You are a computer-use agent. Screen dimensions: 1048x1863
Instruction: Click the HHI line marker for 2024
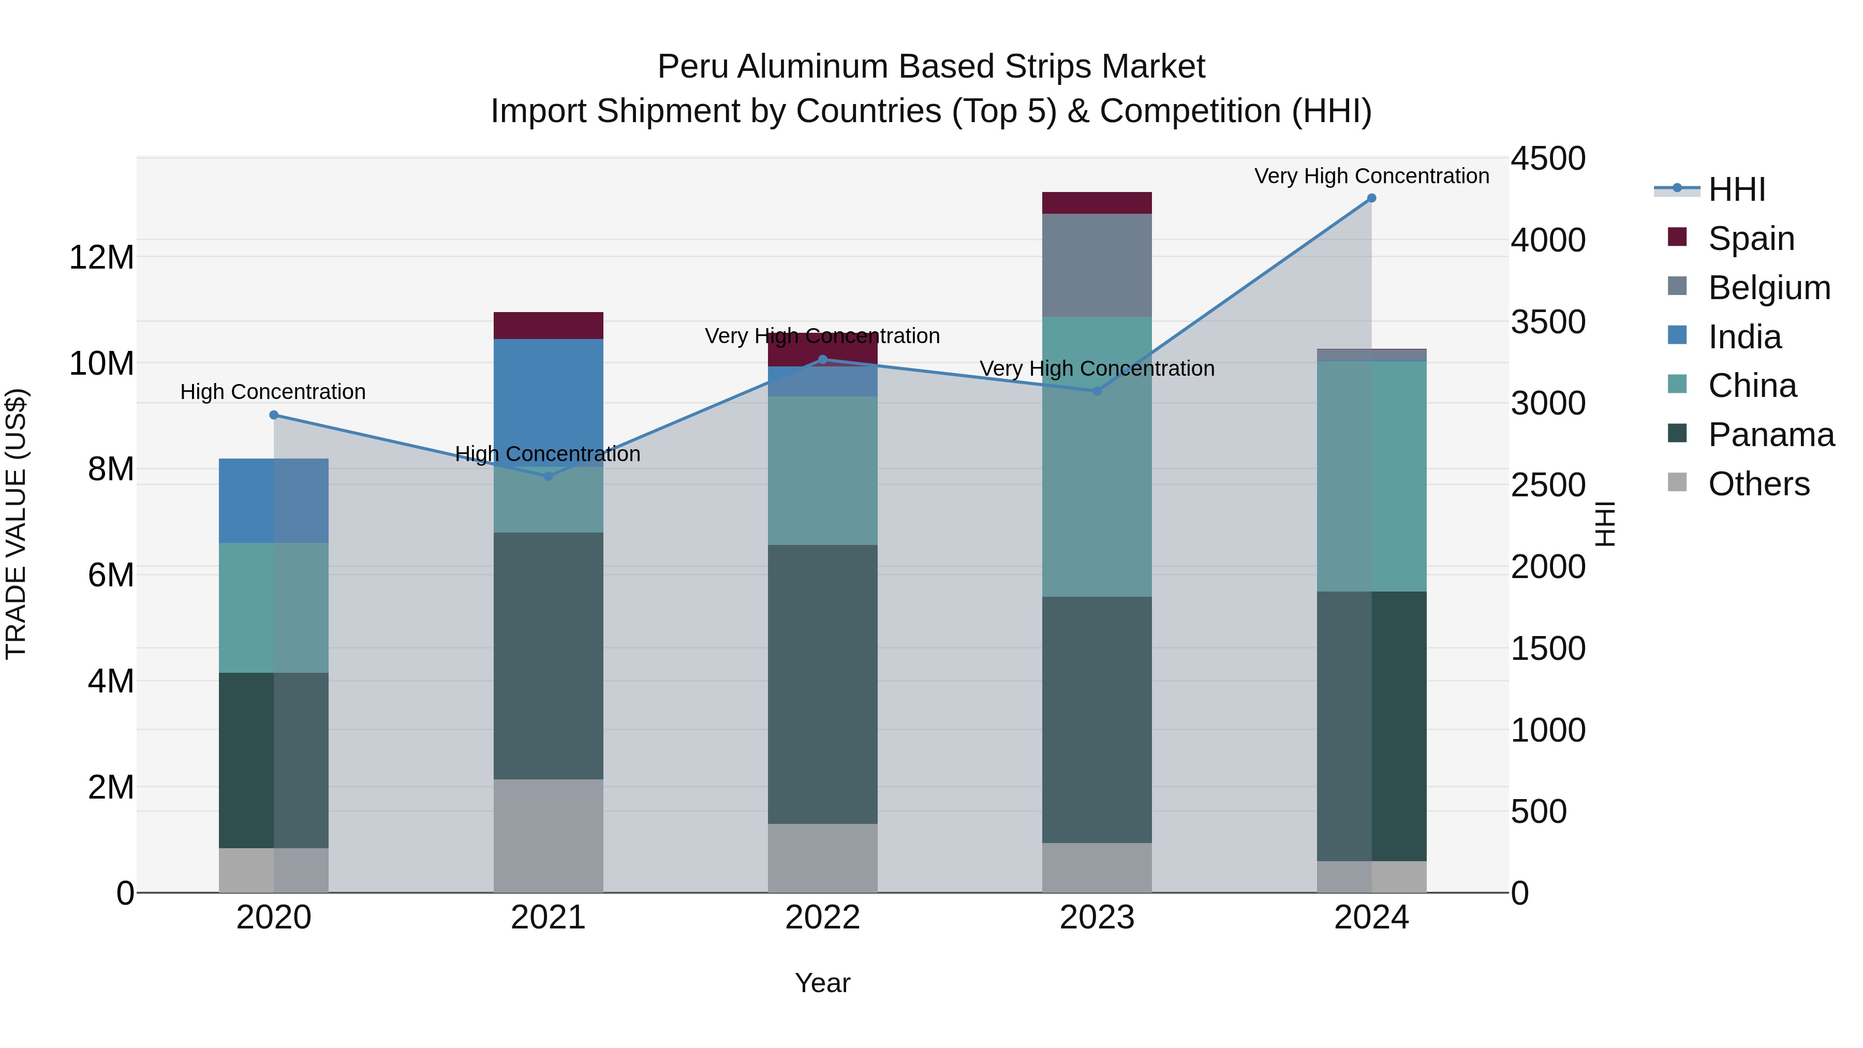1371,198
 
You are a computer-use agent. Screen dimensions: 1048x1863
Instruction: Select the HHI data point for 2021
548,476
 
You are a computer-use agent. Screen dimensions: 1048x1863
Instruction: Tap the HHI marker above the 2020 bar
273,415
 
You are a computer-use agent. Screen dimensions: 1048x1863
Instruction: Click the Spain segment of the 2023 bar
1097,203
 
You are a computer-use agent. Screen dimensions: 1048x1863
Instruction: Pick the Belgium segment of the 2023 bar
1097,264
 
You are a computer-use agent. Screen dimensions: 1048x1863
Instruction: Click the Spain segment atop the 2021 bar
548,326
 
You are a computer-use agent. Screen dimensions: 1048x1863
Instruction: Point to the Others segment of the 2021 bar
548,835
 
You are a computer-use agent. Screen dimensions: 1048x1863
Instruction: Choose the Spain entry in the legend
1751,238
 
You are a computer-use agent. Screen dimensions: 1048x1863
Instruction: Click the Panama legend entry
1770,435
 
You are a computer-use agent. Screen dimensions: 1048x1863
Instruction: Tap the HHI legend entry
1736,189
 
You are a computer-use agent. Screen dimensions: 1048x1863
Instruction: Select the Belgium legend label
1769,287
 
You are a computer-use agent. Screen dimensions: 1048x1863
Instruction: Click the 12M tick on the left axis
101,258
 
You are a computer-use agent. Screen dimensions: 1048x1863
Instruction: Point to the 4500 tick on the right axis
1548,158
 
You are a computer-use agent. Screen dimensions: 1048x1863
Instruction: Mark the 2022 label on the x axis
822,918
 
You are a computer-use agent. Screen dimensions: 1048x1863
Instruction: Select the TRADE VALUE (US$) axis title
16,524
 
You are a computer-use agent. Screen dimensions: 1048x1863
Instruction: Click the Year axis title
822,983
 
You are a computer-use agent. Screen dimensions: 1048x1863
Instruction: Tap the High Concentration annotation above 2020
273,392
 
